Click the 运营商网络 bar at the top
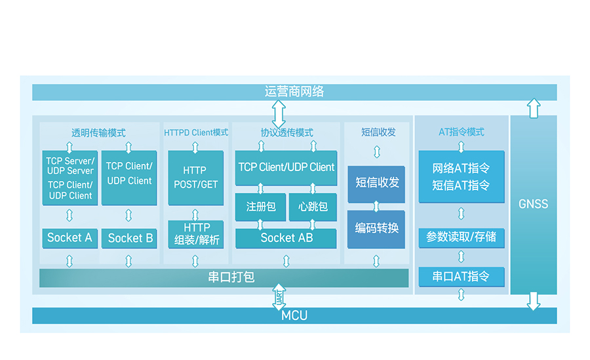pyautogui.click(x=294, y=92)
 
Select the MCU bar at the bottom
pyautogui.click(x=294, y=315)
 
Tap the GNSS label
pyautogui.click(x=533, y=204)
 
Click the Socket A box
pyautogui.click(x=69, y=237)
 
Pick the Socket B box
pyautogui.click(x=130, y=238)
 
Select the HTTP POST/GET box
pyautogui.click(x=195, y=178)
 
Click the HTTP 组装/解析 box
pyautogui.click(x=196, y=234)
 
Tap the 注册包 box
pyautogui.click(x=261, y=207)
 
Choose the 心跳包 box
pyautogui.click(x=313, y=207)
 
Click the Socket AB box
pyautogui.click(x=286, y=238)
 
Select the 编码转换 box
pyautogui.click(x=376, y=229)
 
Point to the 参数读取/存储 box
pyautogui.click(x=462, y=237)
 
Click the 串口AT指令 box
pyautogui.click(x=462, y=277)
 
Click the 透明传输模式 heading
pyautogui.click(x=98, y=132)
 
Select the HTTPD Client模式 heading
pyautogui.click(x=196, y=132)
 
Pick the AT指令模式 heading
pyautogui.click(x=462, y=132)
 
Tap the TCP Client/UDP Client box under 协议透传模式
pyautogui.click(x=286, y=167)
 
